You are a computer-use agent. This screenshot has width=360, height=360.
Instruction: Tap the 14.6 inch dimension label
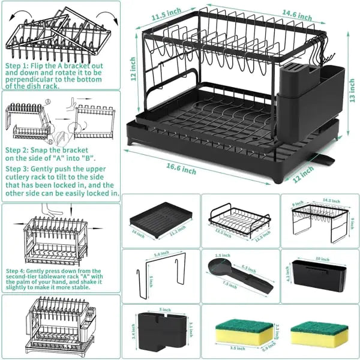click(x=296, y=13)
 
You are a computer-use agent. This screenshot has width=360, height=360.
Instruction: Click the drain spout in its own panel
click(x=241, y=275)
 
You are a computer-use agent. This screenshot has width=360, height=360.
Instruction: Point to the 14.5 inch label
click(x=328, y=200)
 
